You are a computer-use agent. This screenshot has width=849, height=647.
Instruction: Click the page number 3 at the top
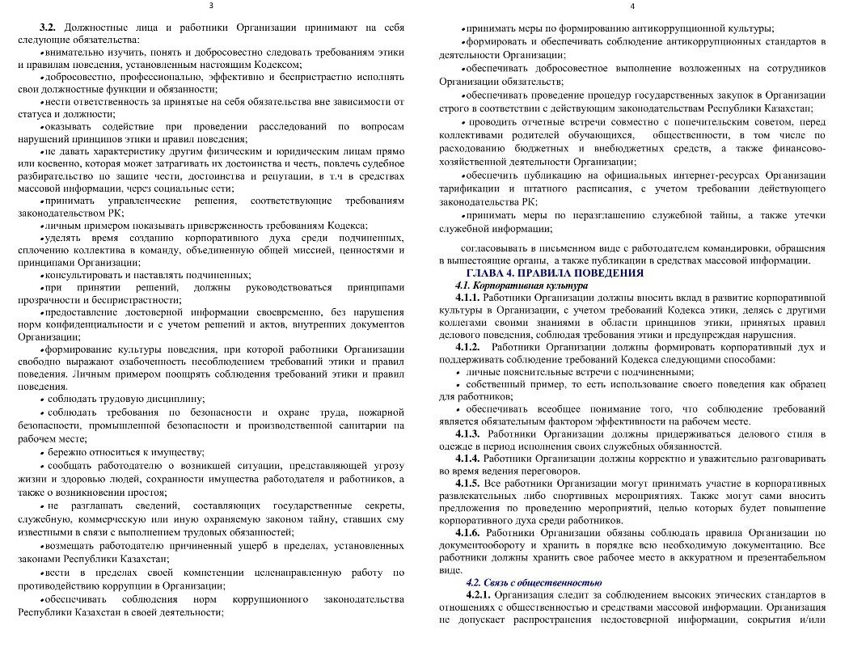coord(211,6)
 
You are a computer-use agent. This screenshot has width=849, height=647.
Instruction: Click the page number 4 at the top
coord(633,6)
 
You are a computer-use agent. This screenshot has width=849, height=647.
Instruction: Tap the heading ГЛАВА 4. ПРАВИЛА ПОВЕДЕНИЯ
coord(554,273)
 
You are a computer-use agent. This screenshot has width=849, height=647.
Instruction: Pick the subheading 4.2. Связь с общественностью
coord(534,582)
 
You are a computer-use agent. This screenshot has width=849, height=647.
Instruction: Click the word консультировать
coord(82,275)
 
